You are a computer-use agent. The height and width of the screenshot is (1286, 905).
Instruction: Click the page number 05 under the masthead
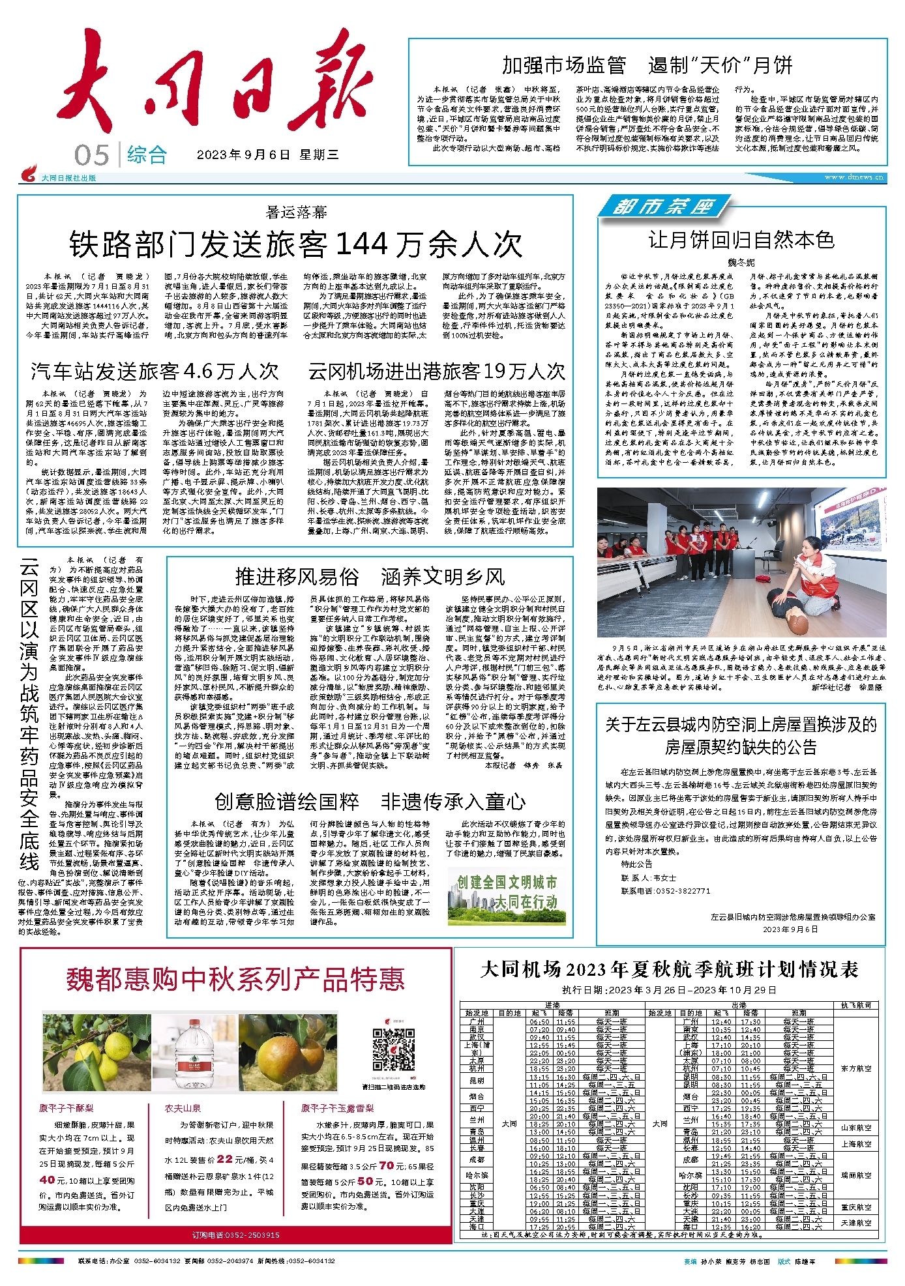92,155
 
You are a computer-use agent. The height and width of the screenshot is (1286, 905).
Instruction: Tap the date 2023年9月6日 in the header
243,155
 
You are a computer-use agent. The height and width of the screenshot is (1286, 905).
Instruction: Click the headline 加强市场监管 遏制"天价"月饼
647,65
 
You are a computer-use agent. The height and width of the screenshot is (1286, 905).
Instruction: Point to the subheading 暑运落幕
296,212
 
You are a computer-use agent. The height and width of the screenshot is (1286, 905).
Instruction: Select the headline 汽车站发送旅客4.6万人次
155,372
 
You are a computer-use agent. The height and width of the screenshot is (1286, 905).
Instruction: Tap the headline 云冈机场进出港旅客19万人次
436,372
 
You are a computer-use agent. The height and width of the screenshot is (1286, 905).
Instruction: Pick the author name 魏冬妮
741,262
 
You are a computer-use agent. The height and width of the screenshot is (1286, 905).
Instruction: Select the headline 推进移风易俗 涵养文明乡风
370,577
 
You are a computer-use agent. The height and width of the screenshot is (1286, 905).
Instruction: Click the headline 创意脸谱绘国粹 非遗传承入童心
370,801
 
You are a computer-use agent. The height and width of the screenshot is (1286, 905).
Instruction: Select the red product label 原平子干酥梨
66,1108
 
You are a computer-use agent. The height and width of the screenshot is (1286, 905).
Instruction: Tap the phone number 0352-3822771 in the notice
683,890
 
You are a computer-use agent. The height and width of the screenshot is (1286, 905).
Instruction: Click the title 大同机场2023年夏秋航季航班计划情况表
669,969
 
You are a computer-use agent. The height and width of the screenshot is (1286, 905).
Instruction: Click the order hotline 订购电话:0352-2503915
236,1235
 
